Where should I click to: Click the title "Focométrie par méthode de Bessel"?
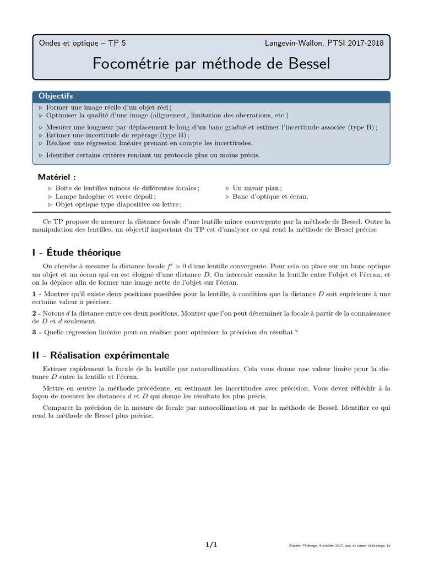(211, 63)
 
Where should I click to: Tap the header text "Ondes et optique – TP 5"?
(82, 42)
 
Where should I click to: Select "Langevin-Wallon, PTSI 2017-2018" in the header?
(324, 42)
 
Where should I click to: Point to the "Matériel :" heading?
(57, 177)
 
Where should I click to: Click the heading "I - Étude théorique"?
(77, 253)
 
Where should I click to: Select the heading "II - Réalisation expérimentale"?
(101, 355)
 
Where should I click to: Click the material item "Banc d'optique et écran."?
(270, 196)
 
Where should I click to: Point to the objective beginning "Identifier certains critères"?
(153, 155)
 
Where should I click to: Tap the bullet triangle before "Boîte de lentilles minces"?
(50, 188)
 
